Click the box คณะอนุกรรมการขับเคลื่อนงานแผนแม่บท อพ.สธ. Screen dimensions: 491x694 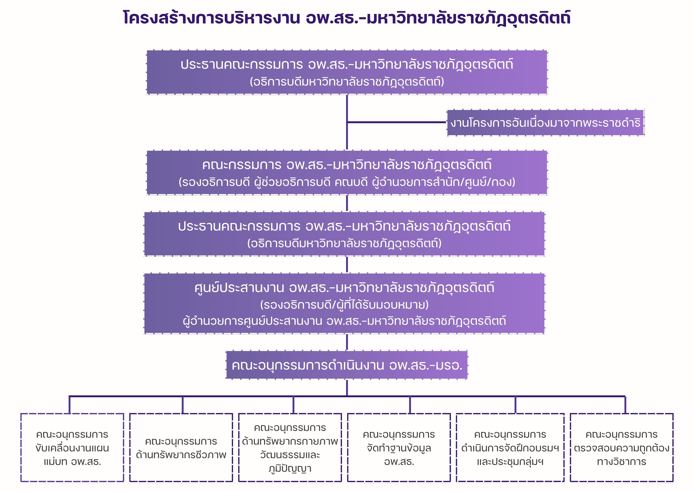coord(72,448)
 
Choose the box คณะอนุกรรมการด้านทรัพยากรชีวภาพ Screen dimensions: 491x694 coord(181,448)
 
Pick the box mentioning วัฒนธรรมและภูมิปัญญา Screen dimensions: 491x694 coord(290,448)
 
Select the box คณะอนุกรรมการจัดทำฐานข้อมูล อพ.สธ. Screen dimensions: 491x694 coord(399,448)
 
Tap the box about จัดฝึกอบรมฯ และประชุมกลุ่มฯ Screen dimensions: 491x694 coord(510,448)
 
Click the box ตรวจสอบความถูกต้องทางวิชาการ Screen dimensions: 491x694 coord(621,448)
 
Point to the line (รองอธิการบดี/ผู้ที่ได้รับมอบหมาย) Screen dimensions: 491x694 coord(344,305)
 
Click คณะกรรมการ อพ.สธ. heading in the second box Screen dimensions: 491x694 coord(347,165)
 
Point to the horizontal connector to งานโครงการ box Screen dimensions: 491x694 coord(397,122)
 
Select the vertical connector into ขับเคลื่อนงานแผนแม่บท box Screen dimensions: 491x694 coord(70,405)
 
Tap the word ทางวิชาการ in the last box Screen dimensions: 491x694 coord(621,462)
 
